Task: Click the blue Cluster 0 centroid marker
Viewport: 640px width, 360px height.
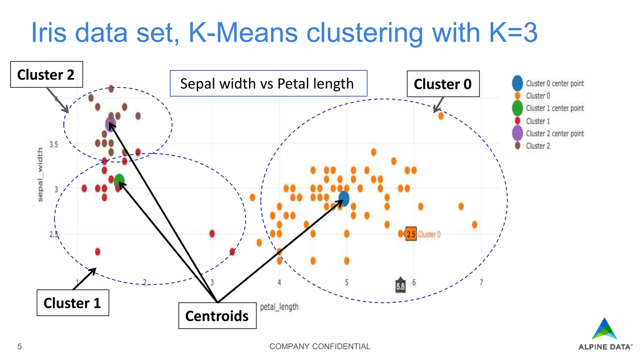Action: (x=344, y=198)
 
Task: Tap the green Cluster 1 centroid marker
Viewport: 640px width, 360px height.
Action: (x=119, y=181)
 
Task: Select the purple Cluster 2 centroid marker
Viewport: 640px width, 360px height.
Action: (x=111, y=124)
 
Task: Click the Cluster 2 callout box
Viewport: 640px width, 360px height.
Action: (x=47, y=75)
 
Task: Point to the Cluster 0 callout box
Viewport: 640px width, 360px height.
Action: (x=443, y=84)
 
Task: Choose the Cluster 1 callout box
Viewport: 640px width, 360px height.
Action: (x=73, y=303)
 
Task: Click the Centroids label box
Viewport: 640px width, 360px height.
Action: (x=217, y=316)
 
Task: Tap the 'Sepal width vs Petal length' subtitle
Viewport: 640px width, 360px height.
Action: (x=268, y=83)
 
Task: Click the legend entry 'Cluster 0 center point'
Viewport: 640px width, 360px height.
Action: (x=554, y=83)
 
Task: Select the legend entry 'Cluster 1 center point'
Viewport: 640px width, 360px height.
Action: (x=554, y=108)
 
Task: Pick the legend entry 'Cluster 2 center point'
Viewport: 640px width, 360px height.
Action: (x=554, y=133)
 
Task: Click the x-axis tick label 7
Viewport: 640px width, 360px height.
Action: (x=481, y=282)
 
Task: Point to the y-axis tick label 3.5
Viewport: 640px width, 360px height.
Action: (x=54, y=144)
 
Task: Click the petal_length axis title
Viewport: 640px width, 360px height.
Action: (x=279, y=307)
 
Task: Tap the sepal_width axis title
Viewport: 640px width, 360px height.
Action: (x=40, y=175)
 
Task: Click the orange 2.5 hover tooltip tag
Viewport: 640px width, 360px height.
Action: (x=411, y=234)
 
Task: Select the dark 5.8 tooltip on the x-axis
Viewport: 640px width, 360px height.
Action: (x=400, y=286)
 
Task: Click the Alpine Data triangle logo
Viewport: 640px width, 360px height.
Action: (x=604, y=329)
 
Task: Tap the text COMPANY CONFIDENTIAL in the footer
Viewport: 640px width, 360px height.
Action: (x=320, y=346)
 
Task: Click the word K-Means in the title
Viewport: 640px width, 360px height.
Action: (x=243, y=33)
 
